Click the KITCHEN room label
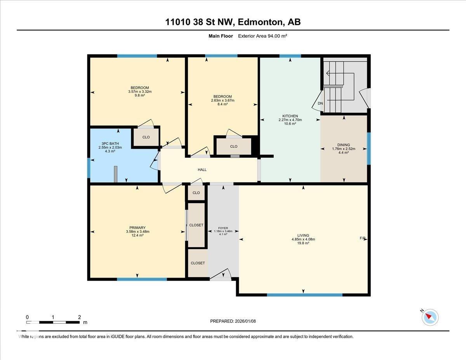tap(290, 116)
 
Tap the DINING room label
tap(344, 145)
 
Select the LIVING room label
tap(303, 235)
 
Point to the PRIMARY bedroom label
tap(137, 228)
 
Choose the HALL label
tap(202, 170)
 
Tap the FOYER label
tap(223, 228)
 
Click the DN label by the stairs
tap(320, 103)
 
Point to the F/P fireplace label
tap(363, 238)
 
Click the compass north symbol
tap(430, 317)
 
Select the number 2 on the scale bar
tap(79, 317)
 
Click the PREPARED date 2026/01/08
tap(233, 321)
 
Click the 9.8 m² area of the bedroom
tap(140, 96)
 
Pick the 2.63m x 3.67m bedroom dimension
tap(223, 100)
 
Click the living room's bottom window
tap(304, 295)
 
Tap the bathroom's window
tap(89, 168)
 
